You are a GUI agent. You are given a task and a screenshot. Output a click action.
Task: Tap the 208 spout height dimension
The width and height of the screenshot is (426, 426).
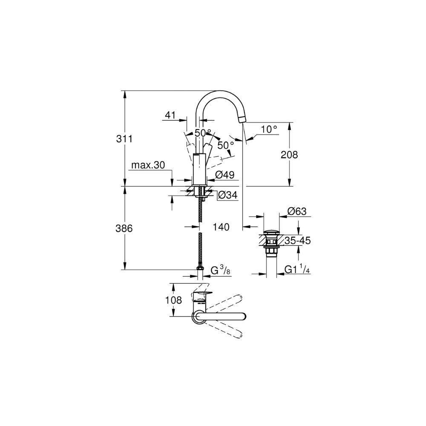point(290,155)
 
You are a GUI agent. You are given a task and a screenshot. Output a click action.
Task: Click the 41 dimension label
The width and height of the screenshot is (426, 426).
point(170,115)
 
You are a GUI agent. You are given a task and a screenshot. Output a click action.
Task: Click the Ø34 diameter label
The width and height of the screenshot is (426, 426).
point(227,196)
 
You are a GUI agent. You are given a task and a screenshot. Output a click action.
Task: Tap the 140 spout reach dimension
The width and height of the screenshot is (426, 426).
point(221,227)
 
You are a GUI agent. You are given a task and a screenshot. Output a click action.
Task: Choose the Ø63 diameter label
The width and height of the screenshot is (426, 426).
point(297,211)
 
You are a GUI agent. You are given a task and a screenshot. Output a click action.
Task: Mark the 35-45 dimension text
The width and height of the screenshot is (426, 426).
point(297,241)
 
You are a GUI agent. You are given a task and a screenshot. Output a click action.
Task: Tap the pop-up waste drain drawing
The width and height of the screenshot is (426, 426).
point(270,242)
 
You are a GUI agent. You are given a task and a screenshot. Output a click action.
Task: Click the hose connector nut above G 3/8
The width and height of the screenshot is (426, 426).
point(199,267)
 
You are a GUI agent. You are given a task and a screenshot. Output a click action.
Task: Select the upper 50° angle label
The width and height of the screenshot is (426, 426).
point(203,132)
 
